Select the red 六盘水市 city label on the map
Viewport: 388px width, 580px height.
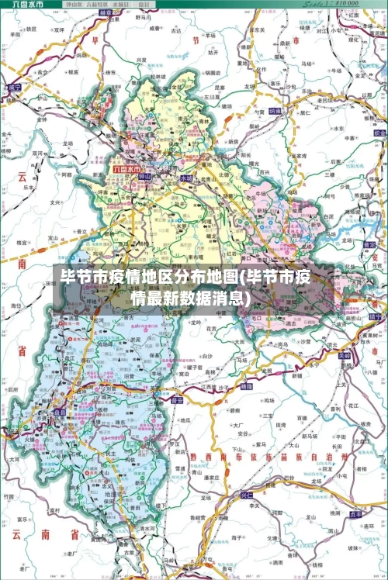pos(126,168)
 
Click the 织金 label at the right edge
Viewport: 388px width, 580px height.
pos(379,133)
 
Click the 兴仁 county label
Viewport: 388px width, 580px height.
pos(246,493)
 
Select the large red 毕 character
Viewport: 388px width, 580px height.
pos(95,38)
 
